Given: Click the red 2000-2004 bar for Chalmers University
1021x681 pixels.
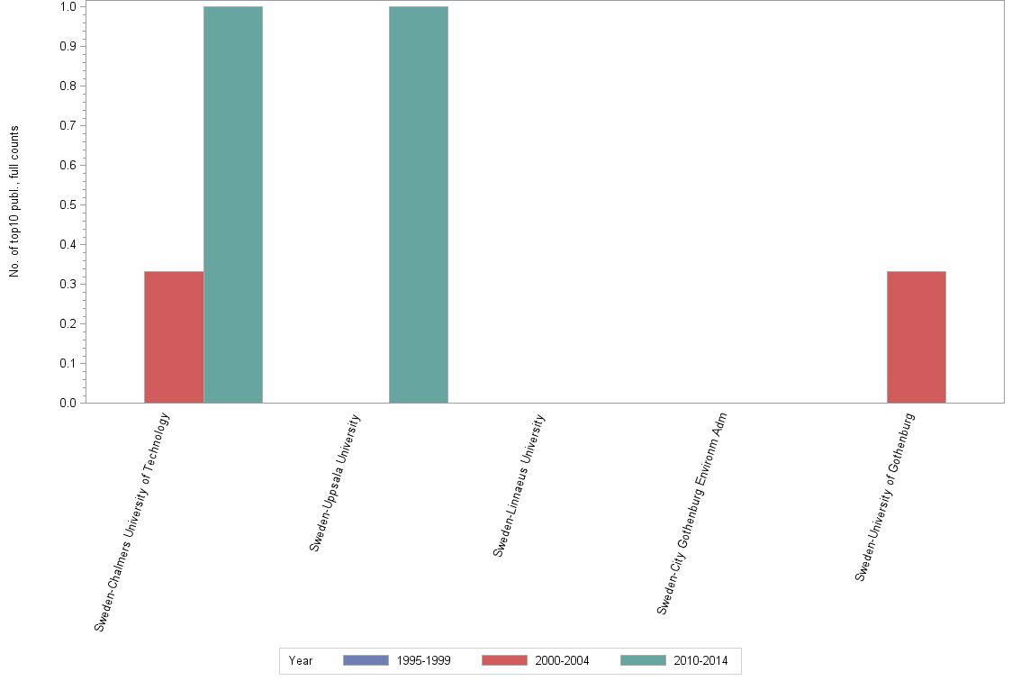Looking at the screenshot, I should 174,337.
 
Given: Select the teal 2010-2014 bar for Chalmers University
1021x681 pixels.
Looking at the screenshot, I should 233,204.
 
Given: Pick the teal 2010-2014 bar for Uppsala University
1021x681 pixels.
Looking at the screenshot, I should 419,204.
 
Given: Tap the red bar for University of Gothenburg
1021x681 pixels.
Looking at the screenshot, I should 917,337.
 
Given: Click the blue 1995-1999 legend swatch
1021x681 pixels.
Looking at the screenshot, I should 366,660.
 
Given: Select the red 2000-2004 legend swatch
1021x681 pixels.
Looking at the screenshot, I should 504,660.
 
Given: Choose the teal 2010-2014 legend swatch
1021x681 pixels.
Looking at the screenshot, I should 643,660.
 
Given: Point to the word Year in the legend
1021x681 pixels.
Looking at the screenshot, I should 301,661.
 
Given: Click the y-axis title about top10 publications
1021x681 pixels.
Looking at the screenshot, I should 14,202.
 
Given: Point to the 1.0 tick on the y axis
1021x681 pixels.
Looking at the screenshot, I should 68,7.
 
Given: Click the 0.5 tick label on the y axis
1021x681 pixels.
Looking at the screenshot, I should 68,204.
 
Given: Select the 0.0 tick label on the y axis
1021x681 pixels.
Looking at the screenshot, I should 68,403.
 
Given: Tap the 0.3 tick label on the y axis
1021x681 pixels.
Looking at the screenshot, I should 68,284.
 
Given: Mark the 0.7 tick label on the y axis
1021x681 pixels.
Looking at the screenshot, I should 68,125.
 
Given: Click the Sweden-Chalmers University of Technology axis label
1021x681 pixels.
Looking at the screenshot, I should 132,522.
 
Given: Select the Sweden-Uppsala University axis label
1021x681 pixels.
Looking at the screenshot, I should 335,482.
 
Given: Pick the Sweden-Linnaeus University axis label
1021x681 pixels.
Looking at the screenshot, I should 520,485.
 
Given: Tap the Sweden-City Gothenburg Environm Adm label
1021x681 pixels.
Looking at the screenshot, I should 691,513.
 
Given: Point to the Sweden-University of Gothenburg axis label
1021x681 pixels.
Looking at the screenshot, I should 885,496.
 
